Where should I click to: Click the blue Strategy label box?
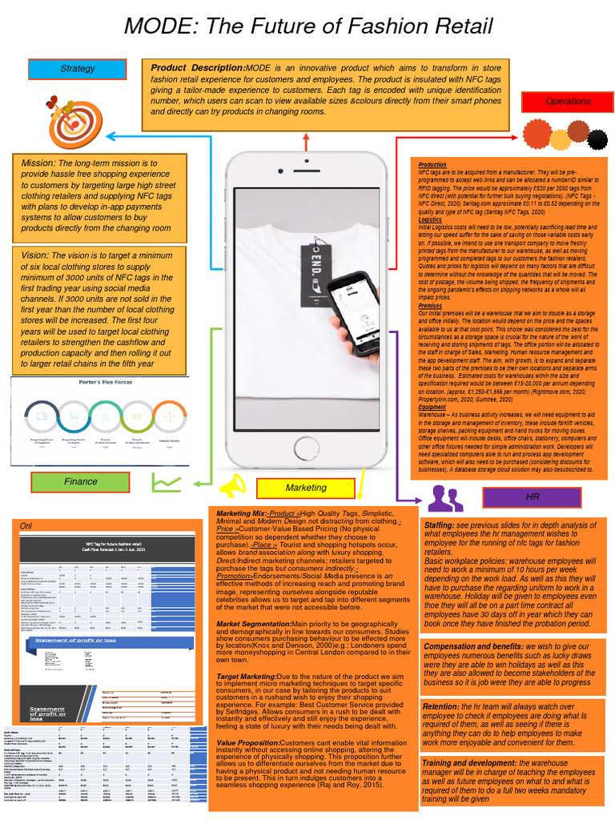tap(78, 70)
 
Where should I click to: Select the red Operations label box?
tap(567, 102)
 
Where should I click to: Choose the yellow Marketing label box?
tap(305, 488)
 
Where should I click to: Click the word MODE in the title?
tap(159, 27)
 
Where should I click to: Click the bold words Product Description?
tap(198, 67)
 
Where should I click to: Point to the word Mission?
tap(38, 164)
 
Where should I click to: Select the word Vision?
tap(36, 254)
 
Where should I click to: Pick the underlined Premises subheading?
tap(430, 305)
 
